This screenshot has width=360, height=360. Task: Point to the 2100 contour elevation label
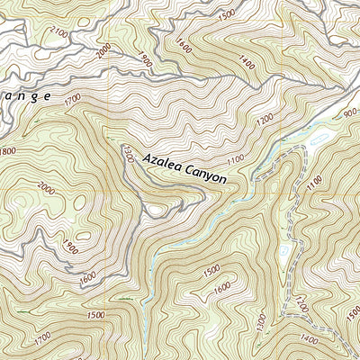[59, 33]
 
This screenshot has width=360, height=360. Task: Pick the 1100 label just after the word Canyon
[236, 160]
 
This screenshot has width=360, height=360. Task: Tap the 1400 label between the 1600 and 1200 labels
[244, 60]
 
